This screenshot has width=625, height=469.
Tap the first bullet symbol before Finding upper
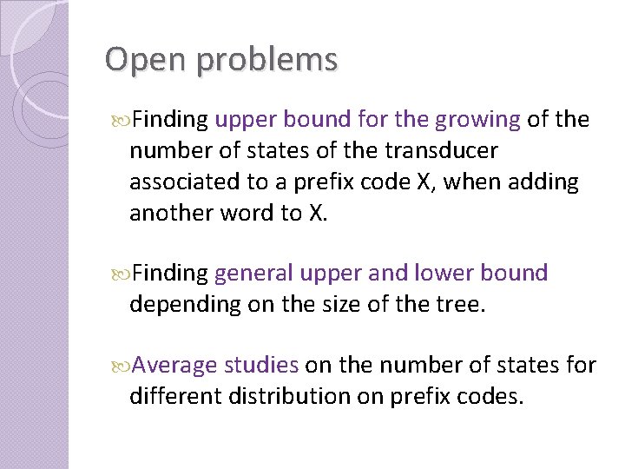122,120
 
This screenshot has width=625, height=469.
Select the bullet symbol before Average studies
122,366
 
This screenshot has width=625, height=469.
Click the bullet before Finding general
122,274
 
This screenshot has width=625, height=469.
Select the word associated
183,182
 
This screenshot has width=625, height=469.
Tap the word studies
261,366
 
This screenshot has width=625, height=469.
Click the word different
175,397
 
